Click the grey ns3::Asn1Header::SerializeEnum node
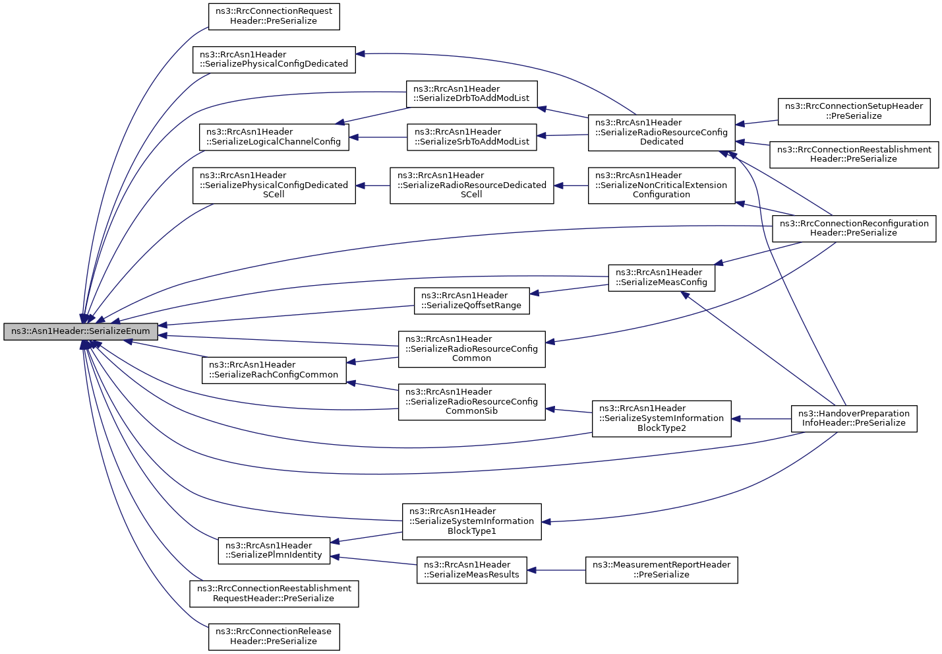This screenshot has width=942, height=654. coord(80,332)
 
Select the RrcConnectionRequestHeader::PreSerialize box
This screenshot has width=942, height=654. coord(274,17)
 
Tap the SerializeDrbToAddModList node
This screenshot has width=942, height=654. coord(471,94)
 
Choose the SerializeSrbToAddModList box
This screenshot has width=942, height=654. coord(472,137)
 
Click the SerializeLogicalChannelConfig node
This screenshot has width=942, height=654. coord(274,137)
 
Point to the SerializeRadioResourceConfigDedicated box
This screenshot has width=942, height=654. coord(661,133)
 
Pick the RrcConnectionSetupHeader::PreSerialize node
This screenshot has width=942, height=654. coord(854,112)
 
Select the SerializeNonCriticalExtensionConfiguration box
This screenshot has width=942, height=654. coord(661,185)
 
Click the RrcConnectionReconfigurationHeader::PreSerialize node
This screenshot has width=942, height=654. coord(854,228)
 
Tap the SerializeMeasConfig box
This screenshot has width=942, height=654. coord(661,278)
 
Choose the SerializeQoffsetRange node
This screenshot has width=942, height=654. coord(472,301)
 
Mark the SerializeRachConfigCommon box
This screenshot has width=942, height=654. coord(274,371)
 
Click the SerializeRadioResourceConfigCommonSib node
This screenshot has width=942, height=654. coord(472,402)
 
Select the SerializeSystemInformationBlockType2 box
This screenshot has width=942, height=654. coord(661,418)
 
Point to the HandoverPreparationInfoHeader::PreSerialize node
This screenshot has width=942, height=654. coord(854,418)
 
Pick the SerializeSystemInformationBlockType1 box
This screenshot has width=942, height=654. coord(472,522)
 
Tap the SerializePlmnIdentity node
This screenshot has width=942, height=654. coord(274,551)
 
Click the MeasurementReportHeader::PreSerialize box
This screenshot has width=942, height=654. coord(661,570)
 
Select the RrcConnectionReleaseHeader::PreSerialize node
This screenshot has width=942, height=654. coord(274,637)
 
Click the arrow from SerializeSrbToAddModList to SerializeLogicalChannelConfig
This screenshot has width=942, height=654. coord(378,137)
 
